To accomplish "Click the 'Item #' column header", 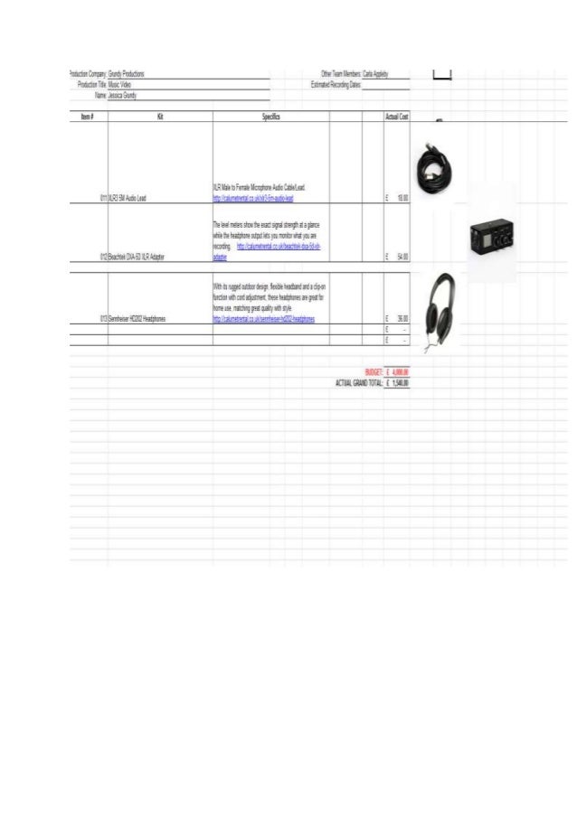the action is [x=88, y=117].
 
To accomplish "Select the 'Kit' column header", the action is [x=160, y=117].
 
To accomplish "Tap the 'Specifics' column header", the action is [x=270, y=117].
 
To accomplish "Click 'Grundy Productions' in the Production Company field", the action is [x=127, y=73].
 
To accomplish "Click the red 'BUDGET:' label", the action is [x=373, y=371].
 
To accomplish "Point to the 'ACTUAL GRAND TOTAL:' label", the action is [x=358, y=382].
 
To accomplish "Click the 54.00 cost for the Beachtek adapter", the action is [x=402, y=258].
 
